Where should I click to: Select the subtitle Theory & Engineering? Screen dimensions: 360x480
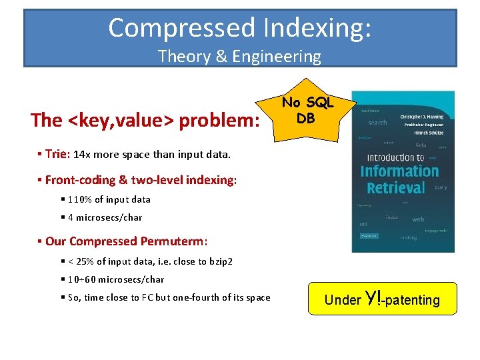tap(239, 56)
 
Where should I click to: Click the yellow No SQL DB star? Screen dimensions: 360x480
tap(307, 111)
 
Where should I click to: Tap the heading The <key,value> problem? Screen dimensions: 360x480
tap(145, 120)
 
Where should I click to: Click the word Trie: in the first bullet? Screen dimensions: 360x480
tap(58, 154)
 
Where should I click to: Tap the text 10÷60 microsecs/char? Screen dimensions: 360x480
tap(116, 279)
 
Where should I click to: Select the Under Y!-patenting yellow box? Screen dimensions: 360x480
tap(382, 299)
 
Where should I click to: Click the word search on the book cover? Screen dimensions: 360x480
tap(377, 123)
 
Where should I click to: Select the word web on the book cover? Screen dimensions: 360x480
tap(418, 219)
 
